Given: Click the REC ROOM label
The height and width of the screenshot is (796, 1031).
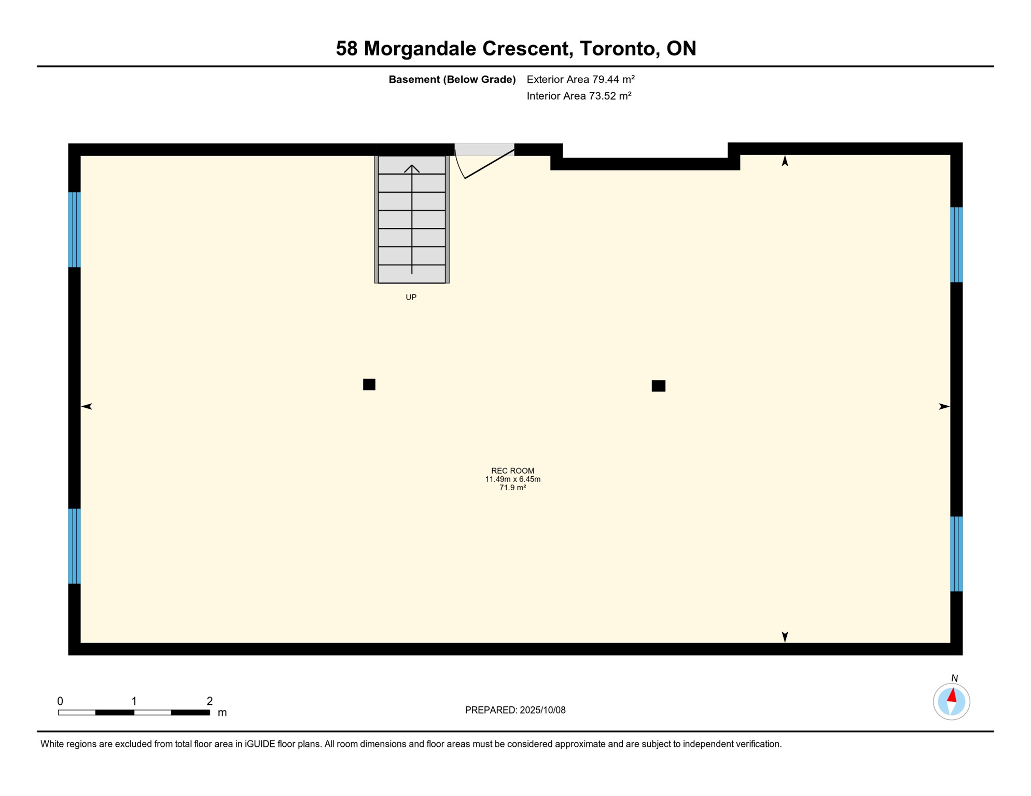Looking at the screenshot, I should click(512, 471).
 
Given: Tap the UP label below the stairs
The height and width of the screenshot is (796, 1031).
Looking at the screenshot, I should click(411, 297).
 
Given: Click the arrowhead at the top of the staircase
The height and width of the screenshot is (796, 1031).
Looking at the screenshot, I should click(412, 168).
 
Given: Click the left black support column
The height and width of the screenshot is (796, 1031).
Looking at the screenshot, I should click(369, 384).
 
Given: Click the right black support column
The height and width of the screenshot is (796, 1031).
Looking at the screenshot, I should click(658, 386).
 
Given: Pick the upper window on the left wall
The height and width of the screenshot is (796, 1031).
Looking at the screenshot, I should click(74, 230).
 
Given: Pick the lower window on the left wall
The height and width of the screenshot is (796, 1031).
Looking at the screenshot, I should click(74, 546).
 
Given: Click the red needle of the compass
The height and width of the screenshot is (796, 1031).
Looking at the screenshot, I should click(952, 695).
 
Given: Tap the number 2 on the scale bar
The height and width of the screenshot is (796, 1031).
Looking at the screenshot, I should click(210, 701).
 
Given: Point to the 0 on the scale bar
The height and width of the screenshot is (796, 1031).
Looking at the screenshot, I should click(60, 701).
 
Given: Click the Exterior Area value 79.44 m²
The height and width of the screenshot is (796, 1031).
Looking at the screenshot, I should click(613, 79).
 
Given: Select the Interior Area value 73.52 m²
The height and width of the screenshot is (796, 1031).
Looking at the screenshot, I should click(609, 96).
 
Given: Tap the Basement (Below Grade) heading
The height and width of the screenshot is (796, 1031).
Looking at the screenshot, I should click(452, 79).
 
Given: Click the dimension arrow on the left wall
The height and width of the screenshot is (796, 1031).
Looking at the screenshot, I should click(87, 406).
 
